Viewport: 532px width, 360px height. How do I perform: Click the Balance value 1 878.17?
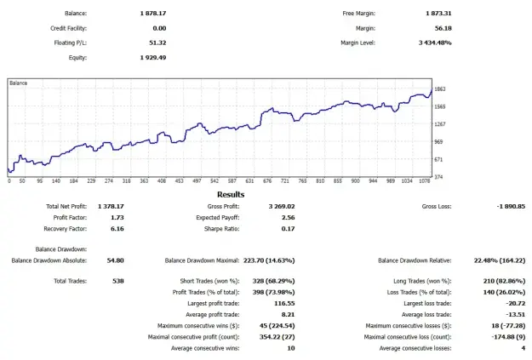(x=153, y=14)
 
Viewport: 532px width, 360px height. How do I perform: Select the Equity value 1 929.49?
(x=153, y=57)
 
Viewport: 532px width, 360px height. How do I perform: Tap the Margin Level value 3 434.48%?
(x=435, y=43)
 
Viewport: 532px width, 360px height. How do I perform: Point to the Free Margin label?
(x=358, y=14)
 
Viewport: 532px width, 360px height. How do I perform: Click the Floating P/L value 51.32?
(x=157, y=43)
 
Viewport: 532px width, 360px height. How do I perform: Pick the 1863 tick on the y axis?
(x=440, y=89)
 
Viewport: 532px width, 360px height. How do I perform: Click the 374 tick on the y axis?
(x=438, y=177)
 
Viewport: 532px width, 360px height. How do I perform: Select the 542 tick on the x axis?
(x=215, y=181)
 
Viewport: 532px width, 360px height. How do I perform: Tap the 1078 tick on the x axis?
(x=425, y=181)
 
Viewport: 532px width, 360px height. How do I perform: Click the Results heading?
(x=231, y=194)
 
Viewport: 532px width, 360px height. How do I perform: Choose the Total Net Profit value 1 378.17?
(x=111, y=206)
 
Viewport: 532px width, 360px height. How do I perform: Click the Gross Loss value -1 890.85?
(x=511, y=206)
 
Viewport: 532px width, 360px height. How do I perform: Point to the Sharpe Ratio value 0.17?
(x=288, y=229)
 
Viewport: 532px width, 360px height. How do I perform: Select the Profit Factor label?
(x=70, y=218)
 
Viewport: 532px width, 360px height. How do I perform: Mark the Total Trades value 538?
(x=118, y=281)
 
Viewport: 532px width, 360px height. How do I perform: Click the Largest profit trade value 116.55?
(x=284, y=303)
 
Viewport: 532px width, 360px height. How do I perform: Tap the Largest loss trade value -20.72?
(x=515, y=303)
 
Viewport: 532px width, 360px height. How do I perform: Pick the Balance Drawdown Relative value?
(x=500, y=260)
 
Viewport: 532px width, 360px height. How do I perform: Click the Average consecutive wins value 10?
(x=291, y=348)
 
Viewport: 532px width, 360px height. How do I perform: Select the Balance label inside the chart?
(x=19, y=83)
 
